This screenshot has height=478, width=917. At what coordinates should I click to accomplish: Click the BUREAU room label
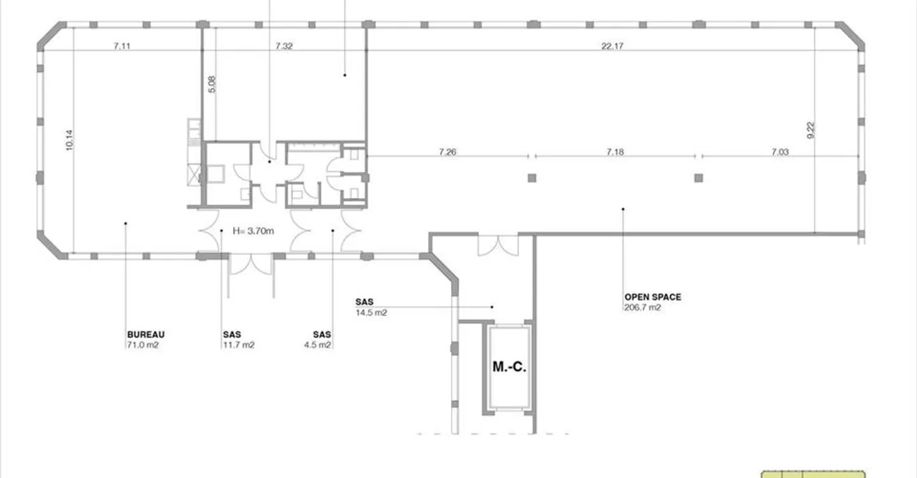click(x=146, y=335)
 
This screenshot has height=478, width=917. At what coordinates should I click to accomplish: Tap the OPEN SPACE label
click(x=653, y=297)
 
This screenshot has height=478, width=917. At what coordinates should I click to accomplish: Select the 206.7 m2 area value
click(x=643, y=308)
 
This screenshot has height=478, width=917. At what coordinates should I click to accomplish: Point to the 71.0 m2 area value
click(x=143, y=345)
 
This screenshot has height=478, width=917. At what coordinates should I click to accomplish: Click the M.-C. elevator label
click(x=509, y=366)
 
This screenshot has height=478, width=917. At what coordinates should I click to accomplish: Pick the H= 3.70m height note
click(x=253, y=231)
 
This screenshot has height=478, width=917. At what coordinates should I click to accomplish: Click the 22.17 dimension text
click(x=612, y=47)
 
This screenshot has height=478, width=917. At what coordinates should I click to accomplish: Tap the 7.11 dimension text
click(x=122, y=47)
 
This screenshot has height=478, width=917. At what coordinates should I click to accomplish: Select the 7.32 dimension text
click(x=284, y=47)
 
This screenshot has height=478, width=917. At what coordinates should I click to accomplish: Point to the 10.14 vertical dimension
click(x=69, y=140)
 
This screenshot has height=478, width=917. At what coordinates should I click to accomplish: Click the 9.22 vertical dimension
click(x=811, y=130)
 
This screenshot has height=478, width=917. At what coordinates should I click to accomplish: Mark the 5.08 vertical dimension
click(x=211, y=84)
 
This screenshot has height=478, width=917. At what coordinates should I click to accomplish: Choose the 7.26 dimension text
click(x=448, y=152)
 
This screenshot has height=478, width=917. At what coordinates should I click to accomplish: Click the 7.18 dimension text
click(x=615, y=152)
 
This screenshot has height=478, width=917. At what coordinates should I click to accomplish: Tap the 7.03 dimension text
click(x=780, y=152)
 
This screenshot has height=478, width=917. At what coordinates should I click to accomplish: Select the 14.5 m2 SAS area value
click(x=371, y=313)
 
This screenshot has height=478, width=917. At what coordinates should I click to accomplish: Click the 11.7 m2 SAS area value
click(x=239, y=345)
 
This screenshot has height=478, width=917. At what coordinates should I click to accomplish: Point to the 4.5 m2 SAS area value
click(x=317, y=345)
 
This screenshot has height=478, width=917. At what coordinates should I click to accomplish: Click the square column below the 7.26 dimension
click(x=532, y=178)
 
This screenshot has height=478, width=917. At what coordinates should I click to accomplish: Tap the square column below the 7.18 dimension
click(x=699, y=178)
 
